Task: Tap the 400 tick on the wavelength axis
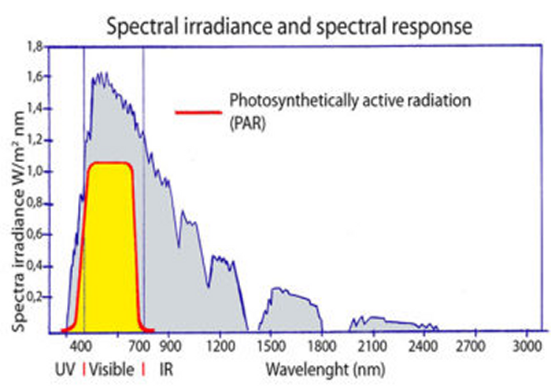coord(79,344)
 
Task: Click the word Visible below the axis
coord(113,367)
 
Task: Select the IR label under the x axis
coord(166,367)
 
